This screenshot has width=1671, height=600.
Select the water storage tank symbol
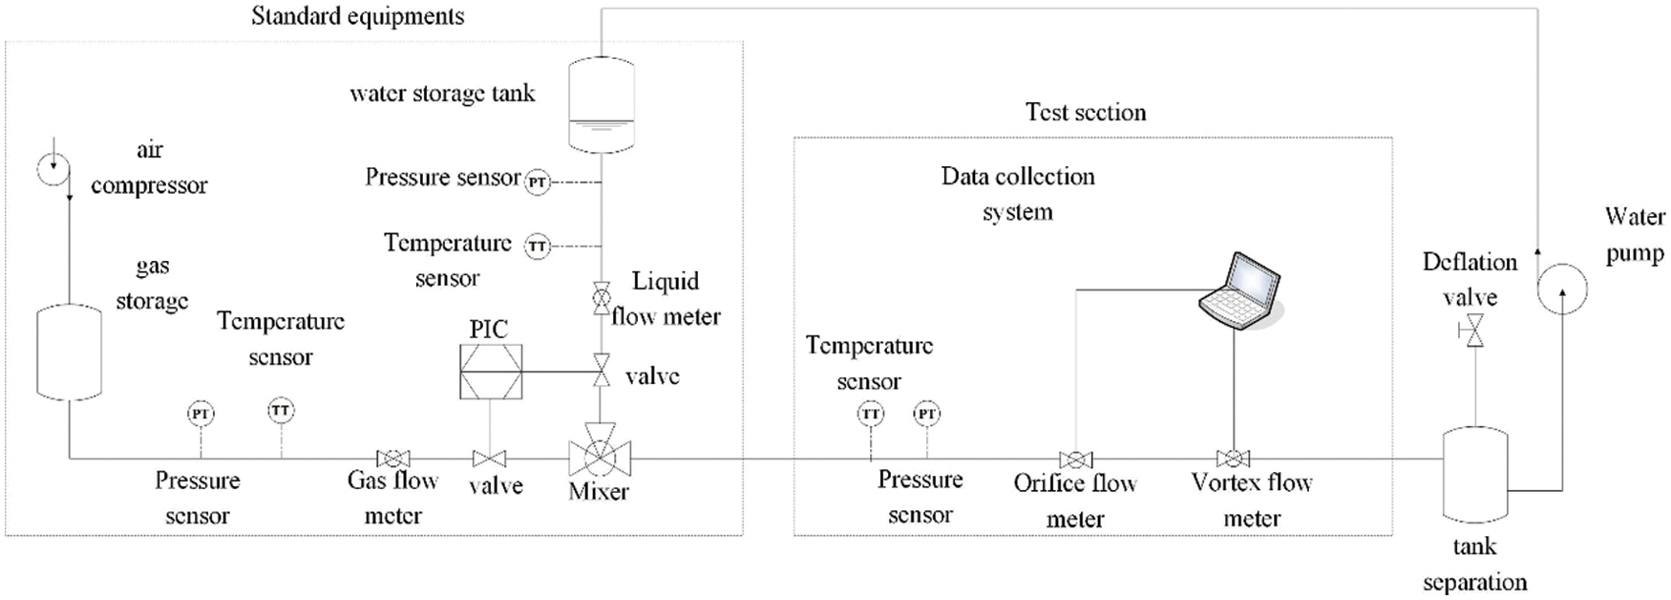601,104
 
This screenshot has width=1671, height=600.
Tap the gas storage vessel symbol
69,352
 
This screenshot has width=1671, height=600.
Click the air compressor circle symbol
53,169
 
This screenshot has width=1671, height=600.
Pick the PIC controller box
491,372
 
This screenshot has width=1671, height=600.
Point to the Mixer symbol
600,458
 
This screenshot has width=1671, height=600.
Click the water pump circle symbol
1561,288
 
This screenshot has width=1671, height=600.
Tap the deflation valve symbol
1474,332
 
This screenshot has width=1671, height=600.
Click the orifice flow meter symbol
1076,460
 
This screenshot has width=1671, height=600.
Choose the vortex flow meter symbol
1233,459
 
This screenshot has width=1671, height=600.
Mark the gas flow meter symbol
393,460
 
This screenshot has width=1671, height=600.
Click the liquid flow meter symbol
602,298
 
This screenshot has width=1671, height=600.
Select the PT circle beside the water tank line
538,182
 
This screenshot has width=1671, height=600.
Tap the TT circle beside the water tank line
538,246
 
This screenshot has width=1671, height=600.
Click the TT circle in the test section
870,414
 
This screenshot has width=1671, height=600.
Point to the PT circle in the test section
926,414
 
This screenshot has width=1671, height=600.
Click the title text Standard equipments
358,16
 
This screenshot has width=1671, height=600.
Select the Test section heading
1086,112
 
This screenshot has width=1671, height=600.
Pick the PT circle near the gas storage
201,414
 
